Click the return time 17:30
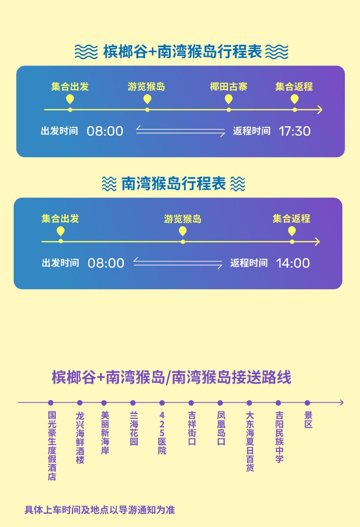pos(294,131)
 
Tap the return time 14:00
pos(293,263)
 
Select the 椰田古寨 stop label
pos(229,87)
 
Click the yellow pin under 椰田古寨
pos(229,99)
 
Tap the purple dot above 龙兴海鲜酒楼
pos(80,403)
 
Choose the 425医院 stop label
pos(162,433)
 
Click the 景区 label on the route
pos(308,420)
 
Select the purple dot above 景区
pos(307,403)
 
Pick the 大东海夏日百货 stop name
pos(250,441)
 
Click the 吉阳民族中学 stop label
pos(279,437)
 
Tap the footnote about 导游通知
pos(100,510)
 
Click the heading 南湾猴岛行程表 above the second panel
pos(174,183)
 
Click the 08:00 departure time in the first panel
pos(105,131)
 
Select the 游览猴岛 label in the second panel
pos(183,219)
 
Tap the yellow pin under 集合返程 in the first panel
pos(294,99)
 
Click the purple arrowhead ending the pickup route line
pos(342,403)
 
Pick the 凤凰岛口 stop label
pos(221,428)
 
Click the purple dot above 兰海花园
pos(133,403)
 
